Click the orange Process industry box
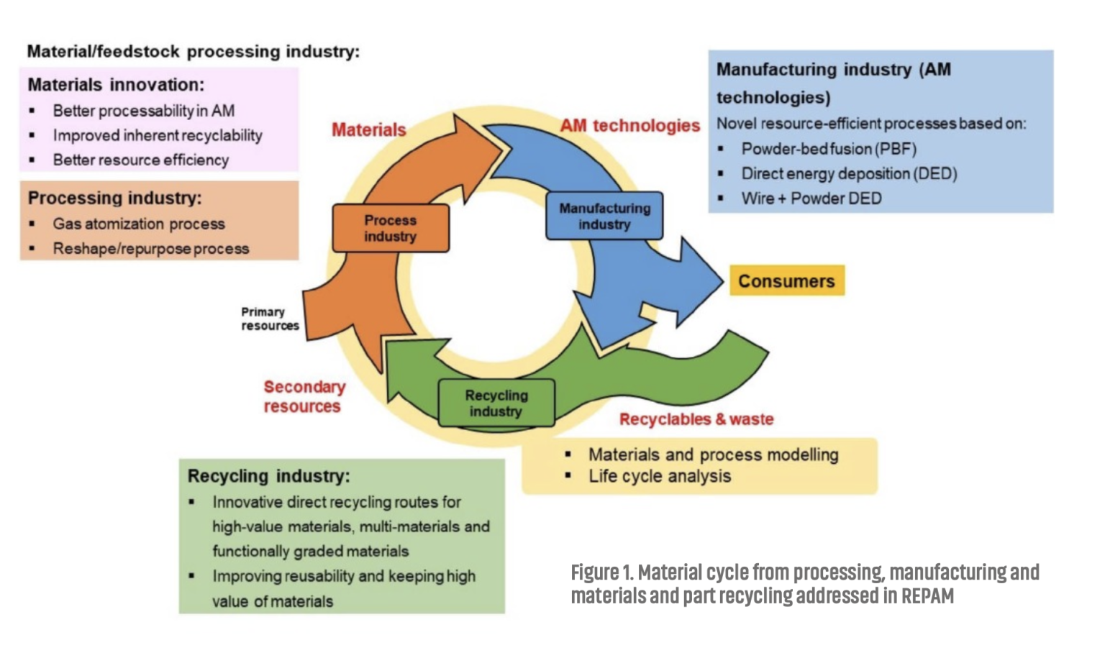click(x=391, y=228)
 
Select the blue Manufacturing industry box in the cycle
click(x=604, y=216)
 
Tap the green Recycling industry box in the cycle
click(x=496, y=403)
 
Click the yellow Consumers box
click(x=787, y=280)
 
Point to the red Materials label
click(x=369, y=129)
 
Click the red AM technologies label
click(x=630, y=126)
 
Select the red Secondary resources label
click(x=304, y=396)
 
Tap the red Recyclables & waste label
click(x=696, y=419)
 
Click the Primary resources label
click(x=270, y=319)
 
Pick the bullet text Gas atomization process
click(x=139, y=224)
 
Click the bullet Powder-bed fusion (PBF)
click(x=829, y=149)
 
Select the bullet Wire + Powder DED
click(x=811, y=198)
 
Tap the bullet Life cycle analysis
click(x=660, y=476)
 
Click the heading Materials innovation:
click(x=116, y=85)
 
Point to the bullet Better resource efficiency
click(x=140, y=160)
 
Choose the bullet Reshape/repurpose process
click(x=151, y=249)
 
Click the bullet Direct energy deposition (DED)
click(x=849, y=173)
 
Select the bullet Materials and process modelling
click(x=714, y=455)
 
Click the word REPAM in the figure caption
click(x=927, y=595)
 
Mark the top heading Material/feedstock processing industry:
click(x=194, y=51)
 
